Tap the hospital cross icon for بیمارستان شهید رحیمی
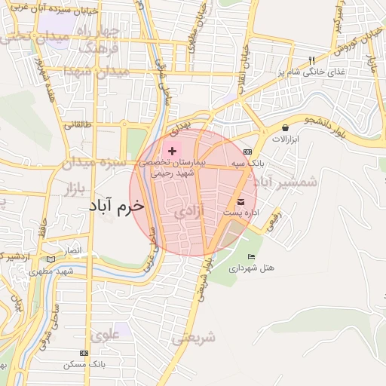tap(172, 151)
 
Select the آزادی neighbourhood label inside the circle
tap(189, 213)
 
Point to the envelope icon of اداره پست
tap(240, 201)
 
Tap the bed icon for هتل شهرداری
tap(251, 257)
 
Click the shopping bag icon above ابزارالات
tap(285, 127)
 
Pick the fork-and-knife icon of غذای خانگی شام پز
tap(310, 60)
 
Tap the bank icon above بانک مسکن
tap(84, 353)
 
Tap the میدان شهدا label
tap(96, 71)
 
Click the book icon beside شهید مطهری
tap(51, 259)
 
